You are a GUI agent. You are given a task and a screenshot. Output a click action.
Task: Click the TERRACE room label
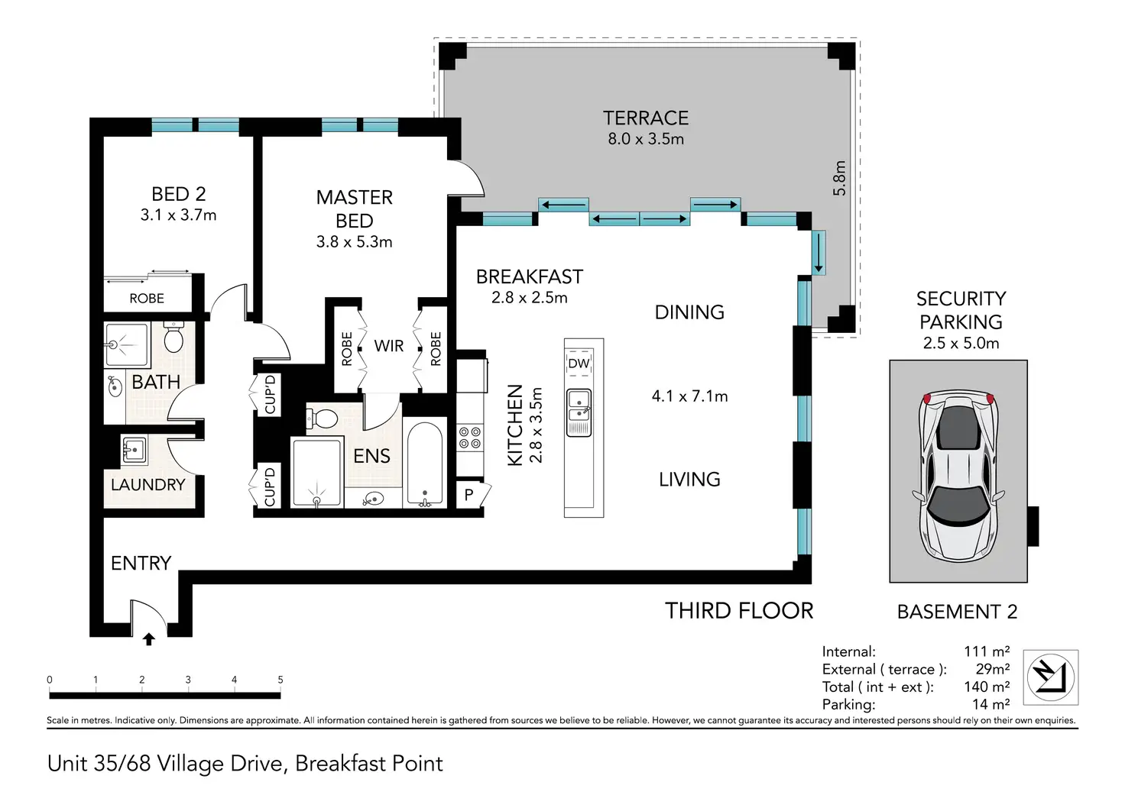pyautogui.click(x=646, y=118)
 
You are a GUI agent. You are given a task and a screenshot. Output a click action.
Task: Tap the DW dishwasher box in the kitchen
pyautogui.click(x=579, y=364)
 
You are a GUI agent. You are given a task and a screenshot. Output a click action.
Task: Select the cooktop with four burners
pyautogui.click(x=469, y=438)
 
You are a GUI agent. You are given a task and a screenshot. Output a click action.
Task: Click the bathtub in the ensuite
pyautogui.click(x=425, y=464)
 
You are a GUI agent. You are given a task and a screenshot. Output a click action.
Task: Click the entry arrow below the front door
pyautogui.click(x=149, y=639)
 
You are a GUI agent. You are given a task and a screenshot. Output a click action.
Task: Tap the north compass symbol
pyautogui.click(x=1050, y=677)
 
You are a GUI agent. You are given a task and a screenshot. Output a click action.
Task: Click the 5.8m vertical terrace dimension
pyautogui.click(x=840, y=178)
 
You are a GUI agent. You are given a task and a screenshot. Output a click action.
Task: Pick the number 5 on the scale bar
pyautogui.click(x=280, y=680)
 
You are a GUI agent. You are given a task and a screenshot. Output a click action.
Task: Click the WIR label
pyautogui.click(x=389, y=346)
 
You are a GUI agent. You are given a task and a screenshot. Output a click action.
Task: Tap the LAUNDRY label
pyautogui.click(x=148, y=485)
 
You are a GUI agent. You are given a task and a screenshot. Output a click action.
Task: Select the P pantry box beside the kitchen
pyautogui.click(x=469, y=495)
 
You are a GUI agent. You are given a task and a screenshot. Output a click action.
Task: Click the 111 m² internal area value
pyautogui.click(x=987, y=651)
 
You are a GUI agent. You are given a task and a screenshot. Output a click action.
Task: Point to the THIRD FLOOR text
pyautogui.click(x=739, y=611)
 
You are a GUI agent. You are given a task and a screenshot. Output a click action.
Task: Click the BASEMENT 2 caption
pyautogui.click(x=957, y=612)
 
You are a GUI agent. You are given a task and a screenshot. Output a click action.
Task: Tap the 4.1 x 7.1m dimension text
pyautogui.click(x=689, y=396)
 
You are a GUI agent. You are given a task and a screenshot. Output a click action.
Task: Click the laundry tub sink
pyautogui.click(x=135, y=450)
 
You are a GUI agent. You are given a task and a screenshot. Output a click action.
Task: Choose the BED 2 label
pyautogui.click(x=179, y=194)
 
